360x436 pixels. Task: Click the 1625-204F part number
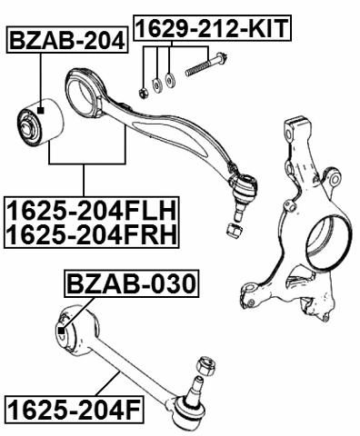point(73,412)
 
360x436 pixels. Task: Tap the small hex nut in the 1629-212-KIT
point(143,90)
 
